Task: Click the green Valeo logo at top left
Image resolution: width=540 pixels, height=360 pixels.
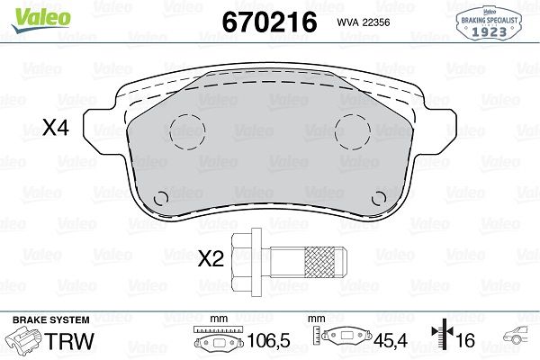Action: (x=40, y=20)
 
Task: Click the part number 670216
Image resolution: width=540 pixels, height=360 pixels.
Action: (x=270, y=22)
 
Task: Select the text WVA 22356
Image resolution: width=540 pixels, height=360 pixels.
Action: (x=364, y=22)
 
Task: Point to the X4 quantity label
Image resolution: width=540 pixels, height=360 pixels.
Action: (x=56, y=127)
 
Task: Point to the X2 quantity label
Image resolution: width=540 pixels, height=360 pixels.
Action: (x=211, y=258)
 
